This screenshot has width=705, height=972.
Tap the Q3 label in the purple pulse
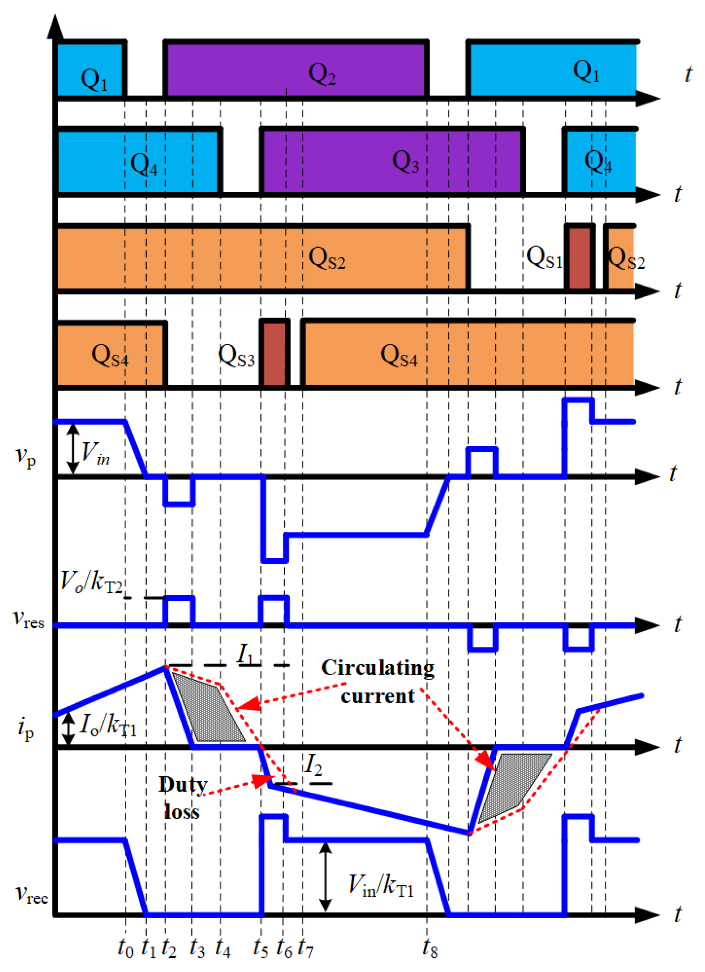click(x=405, y=162)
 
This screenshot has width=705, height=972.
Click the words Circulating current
click(x=378, y=682)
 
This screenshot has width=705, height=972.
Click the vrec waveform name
click(x=31, y=894)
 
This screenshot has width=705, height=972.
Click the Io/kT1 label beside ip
click(x=108, y=725)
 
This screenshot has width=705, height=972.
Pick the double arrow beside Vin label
click(x=73, y=448)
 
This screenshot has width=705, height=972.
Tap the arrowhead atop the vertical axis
click(x=54, y=26)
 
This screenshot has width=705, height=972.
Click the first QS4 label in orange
click(x=110, y=355)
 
